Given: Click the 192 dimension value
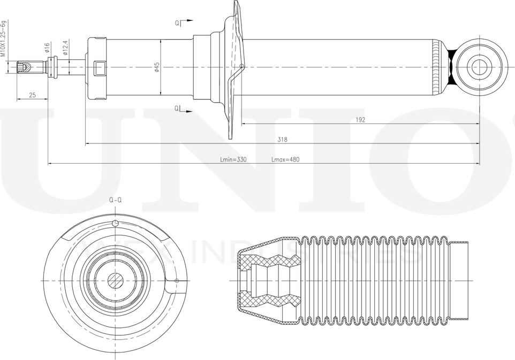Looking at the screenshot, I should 360,120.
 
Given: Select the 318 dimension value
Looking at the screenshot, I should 282,140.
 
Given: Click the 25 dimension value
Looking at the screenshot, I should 32,95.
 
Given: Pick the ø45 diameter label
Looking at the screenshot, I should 157,67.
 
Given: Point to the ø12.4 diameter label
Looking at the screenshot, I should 65,48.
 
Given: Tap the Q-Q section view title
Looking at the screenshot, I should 115,200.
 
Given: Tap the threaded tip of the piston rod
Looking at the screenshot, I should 24,67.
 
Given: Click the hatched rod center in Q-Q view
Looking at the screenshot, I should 115,280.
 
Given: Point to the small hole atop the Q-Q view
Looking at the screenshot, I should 115,224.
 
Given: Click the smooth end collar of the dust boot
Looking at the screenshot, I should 459,280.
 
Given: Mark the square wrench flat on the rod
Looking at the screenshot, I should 100,68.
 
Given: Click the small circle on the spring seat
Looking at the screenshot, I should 242,66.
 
